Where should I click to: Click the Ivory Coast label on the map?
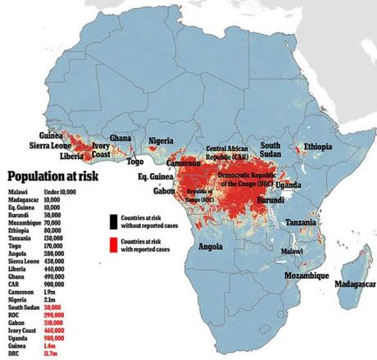tap(100, 148)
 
